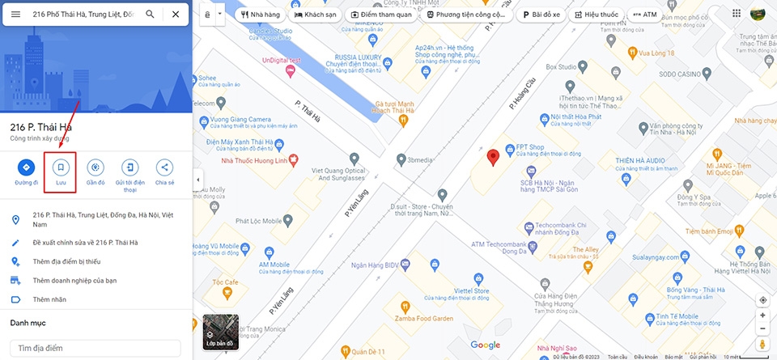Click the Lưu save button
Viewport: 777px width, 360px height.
tap(61, 172)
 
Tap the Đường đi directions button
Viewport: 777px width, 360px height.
tap(26, 172)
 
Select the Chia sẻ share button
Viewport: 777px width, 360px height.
tap(165, 172)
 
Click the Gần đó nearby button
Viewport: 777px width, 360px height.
tap(96, 172)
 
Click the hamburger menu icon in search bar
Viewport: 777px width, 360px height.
tap(15, 15)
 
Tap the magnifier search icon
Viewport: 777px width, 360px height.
tap(151, 15)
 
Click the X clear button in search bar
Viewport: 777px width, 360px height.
tap(176, 15)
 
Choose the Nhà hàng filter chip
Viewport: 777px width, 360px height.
tap(261, 15)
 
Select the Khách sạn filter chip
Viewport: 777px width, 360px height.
tap(316, 15)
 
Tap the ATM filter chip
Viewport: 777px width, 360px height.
tap(645, 15)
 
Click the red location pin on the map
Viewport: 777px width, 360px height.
tap(493, 156)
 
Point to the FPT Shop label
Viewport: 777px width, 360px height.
tap(529, 147)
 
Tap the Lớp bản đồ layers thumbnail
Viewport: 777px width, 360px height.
tap(220, 332)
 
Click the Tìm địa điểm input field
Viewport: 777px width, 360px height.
tap(96, 348)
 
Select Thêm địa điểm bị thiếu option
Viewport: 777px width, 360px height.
tap(66, 261)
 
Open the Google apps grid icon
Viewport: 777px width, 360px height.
tap(737, 13)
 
